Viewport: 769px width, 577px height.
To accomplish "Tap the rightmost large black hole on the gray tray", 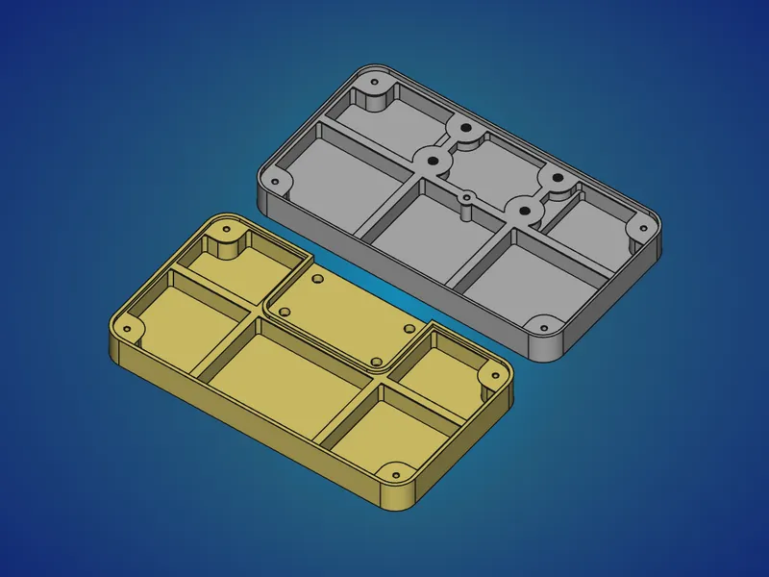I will coord(556,177).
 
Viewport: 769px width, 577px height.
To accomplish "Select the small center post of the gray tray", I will coord(466,199).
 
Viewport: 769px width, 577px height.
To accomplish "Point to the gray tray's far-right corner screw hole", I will coord(635,228).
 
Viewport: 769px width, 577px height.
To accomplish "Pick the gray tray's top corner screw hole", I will coord(374,85).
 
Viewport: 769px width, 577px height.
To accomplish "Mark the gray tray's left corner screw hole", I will coord(277,180).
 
